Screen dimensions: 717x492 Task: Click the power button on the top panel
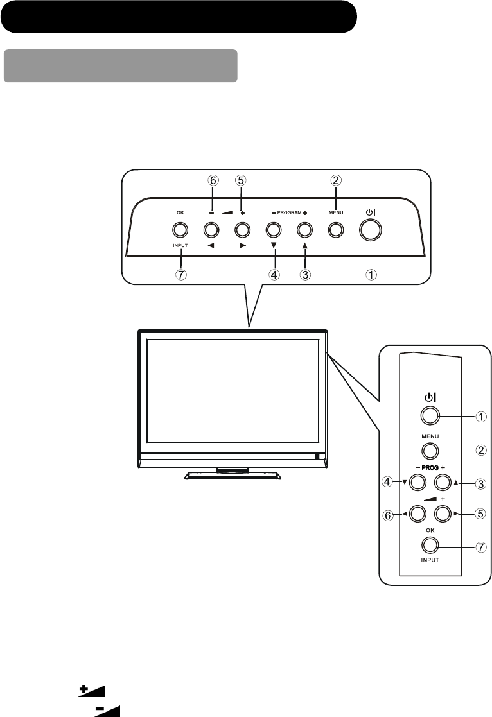pyautogui.click(x=369, y=229)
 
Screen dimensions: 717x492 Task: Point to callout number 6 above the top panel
pyautogui.click(x=212, y=182)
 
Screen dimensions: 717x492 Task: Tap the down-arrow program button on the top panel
pyautogui.click(x=273, y=229)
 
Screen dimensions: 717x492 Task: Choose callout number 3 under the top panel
pyautogui.click(x=304, y=273)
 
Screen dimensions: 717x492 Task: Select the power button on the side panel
pyautogui.click(x=430, y=415)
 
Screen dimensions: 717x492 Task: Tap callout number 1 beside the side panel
pyautogui.click(x=480, y=417)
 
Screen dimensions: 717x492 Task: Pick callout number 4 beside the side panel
pyautogui.click(x=389, y=481)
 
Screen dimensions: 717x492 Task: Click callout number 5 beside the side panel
pyautogui.click(x=480, y=514)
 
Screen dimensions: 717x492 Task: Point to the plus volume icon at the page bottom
pyautogui.click(x=92, y=690)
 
